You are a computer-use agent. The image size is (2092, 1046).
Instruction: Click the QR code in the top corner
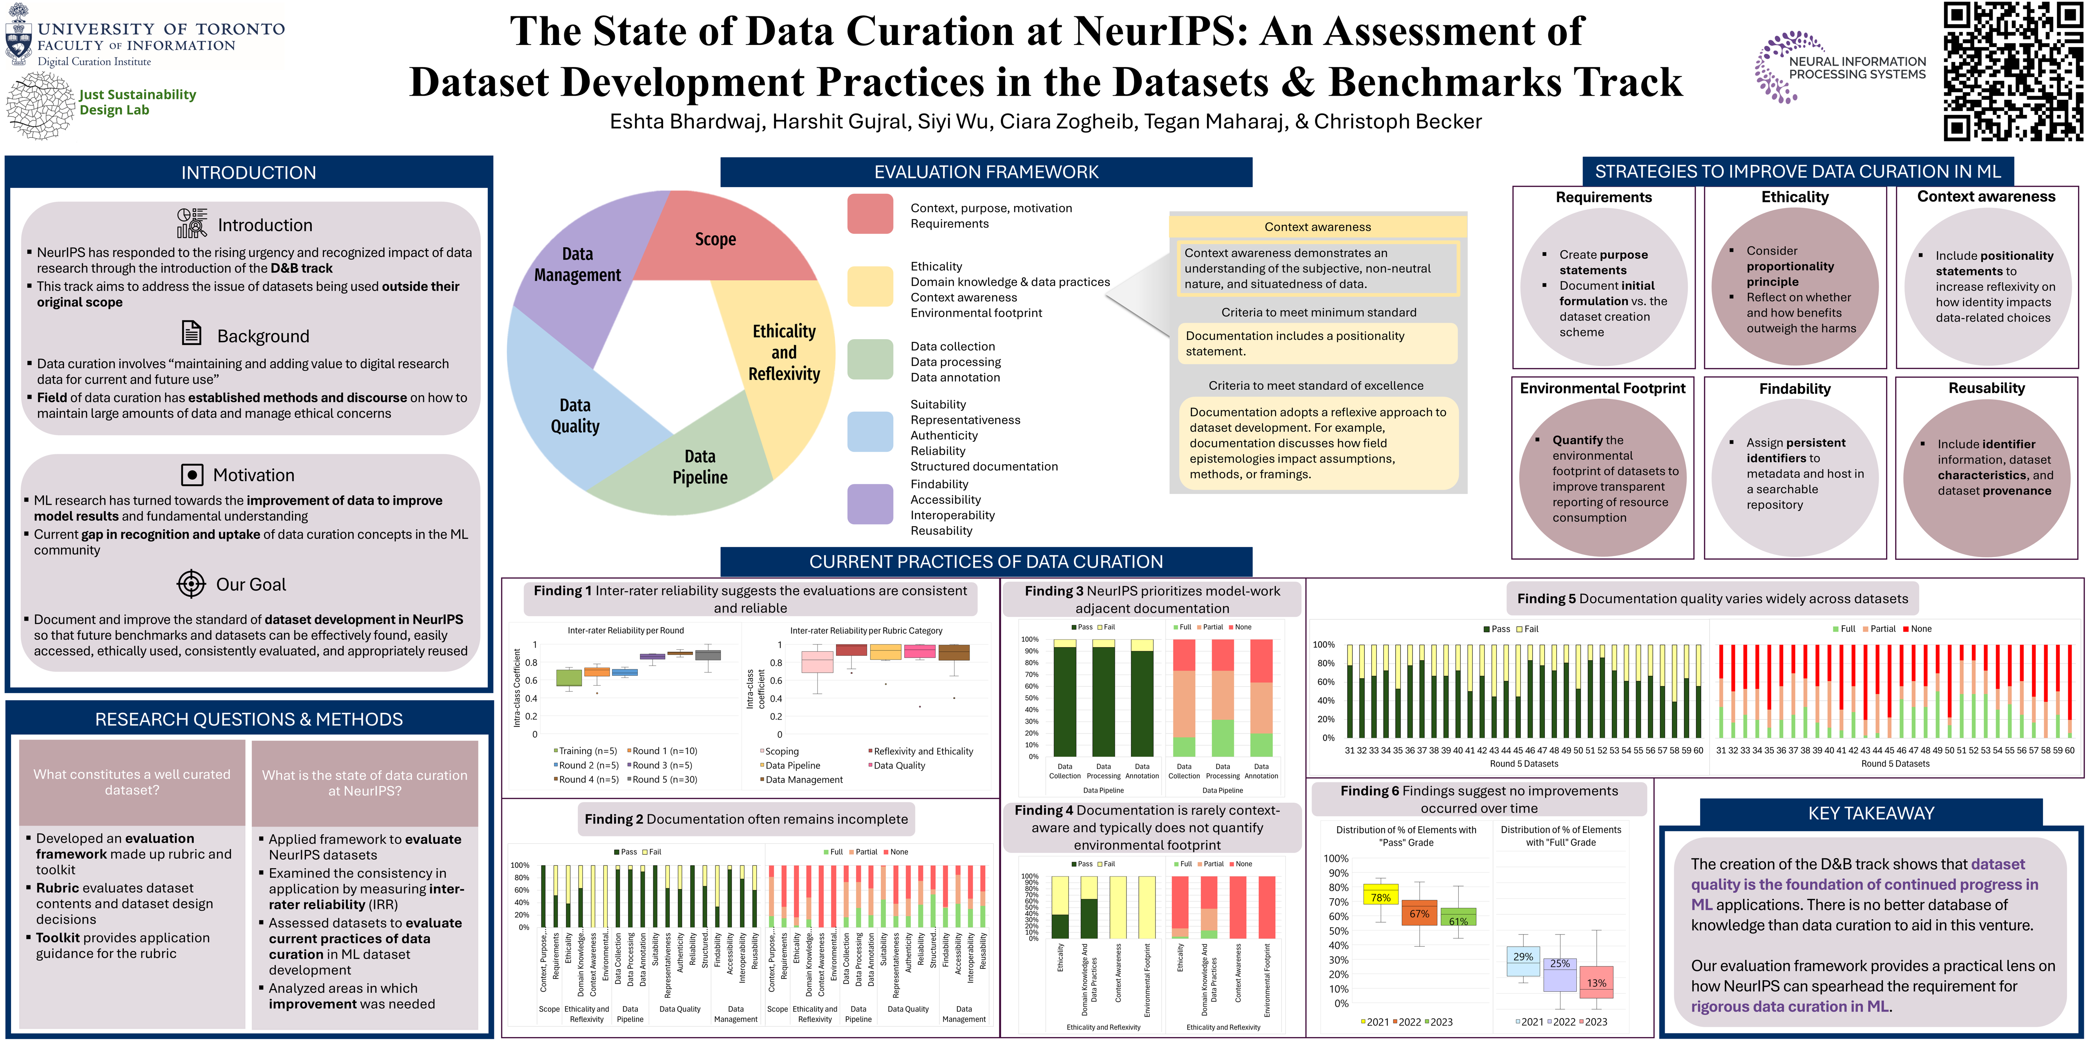(x=2012, y=72)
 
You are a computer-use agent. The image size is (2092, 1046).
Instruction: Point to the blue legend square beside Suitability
(x=870, y=431)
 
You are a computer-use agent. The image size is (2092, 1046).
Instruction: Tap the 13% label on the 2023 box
(x=1596, y=983)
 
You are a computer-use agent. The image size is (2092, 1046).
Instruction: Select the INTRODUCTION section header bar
(x=248, y=172)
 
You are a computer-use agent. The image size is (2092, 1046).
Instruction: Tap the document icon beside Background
(x=192, y=333)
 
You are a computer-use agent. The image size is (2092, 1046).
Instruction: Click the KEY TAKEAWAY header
(x=1871, y=813)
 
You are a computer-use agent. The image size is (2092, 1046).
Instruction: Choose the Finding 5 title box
(x=1712, y=599)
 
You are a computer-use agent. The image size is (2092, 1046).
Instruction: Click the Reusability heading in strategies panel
(x=1987, y=388)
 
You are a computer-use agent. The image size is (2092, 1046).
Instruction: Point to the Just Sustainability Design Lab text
(x=137, y=102)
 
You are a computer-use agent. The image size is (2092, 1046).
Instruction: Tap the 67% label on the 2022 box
(x=1419, y=914)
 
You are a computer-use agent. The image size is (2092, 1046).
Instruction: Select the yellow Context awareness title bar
(x=1317, y=227)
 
